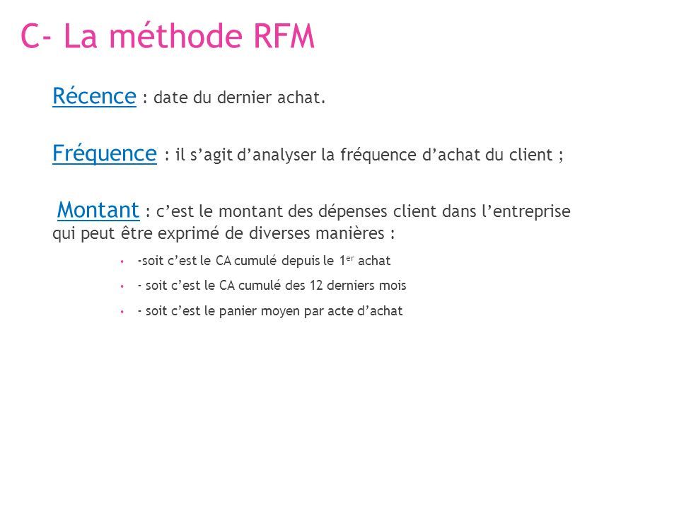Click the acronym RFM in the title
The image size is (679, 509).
284,36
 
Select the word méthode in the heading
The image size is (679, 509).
175,35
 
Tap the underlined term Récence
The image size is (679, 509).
94,96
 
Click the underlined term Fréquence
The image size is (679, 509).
105,154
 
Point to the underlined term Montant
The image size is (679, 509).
98,211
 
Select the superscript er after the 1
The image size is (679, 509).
350,258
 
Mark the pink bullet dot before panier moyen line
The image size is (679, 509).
122,312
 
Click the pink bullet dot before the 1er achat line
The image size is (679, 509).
122,262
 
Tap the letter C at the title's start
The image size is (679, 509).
30,36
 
